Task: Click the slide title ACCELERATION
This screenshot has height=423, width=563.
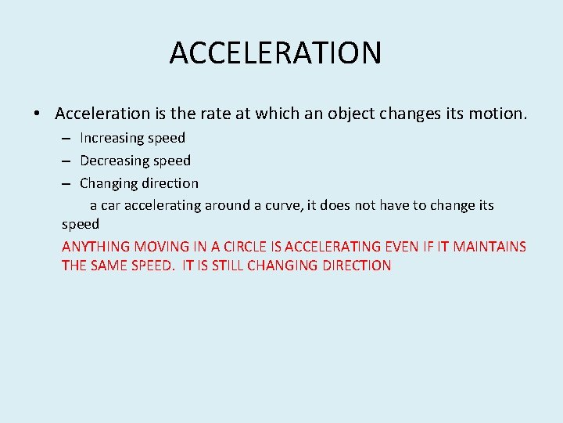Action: coord(275,52)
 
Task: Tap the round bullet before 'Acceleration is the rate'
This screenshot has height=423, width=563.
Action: coord(37,114)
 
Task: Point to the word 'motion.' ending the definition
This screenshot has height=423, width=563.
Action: coord(497,114)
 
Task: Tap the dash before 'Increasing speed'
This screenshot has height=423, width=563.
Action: coord(66,139)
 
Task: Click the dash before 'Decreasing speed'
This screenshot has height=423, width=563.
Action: coord(66,161)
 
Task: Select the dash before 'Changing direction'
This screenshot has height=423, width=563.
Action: coord(66,184)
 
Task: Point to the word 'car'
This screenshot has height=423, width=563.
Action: coord(111,205)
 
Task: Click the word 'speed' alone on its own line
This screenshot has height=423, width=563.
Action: coord(81,224)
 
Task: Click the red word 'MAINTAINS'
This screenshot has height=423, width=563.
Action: coord(489,247)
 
